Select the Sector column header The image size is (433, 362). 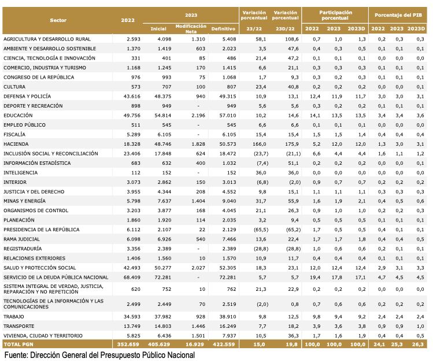coord(58,20)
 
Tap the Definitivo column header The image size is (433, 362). coord(223,28)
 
